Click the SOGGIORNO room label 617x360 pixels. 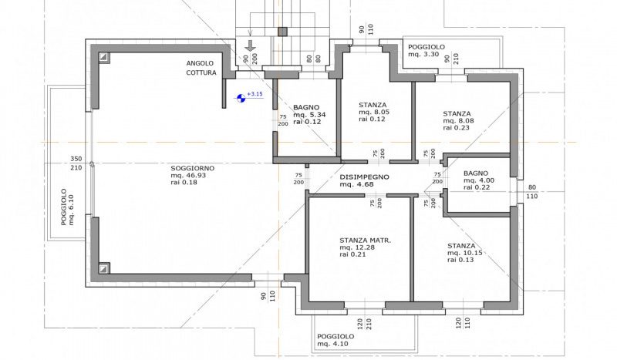coord(192,168)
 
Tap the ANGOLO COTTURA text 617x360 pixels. coord(201,68)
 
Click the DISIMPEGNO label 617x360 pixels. coord(364,177)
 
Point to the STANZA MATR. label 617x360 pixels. coord(365,241)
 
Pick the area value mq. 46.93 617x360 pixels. coord(188,176)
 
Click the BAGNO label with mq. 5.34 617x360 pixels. coord(306,107)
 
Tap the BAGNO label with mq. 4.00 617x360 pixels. coord(476,173)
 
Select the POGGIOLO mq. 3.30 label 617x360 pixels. coord(427,50)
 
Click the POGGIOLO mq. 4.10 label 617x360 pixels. coord(335,340)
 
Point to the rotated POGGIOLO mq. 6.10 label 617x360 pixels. coord(67,207)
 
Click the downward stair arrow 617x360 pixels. coord(250,45)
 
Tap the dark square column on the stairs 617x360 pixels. coord(282,32)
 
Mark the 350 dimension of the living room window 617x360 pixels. coord(76,159)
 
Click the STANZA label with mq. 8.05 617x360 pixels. coord(373,105)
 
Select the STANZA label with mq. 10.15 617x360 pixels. coord(461,246)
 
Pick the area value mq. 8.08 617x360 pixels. coord(458,121)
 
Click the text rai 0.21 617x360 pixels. coord(352,254)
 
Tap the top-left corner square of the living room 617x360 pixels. coord(103,58)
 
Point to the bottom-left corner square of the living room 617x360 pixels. coord(103,268)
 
